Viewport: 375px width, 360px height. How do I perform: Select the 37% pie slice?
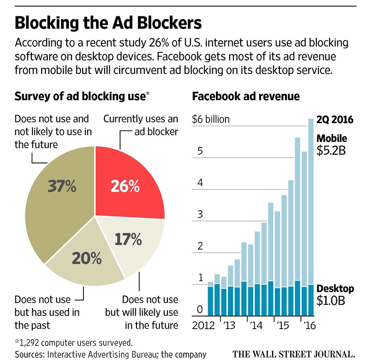(x=61, y=192)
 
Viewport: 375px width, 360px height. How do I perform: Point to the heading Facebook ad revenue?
(x=246, y=97)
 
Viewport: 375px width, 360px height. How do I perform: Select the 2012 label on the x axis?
(x=203, y=325)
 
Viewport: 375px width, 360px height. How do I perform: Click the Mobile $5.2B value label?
(x=332, y=145)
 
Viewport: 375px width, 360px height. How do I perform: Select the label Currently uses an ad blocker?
(x=141, y=125)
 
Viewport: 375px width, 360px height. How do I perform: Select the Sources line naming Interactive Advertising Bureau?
(x=111, y=354)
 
